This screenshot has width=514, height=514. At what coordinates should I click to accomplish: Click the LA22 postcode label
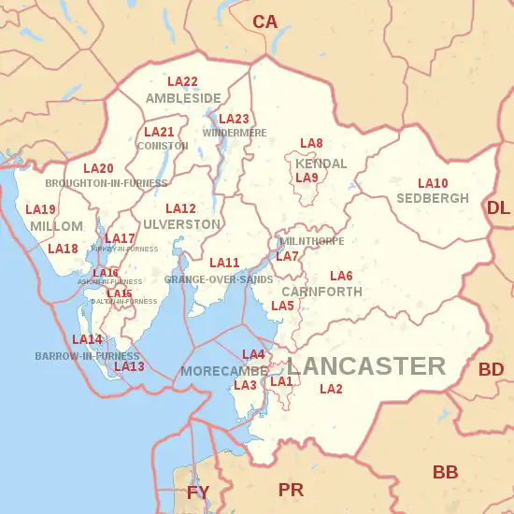(x=182, y=82)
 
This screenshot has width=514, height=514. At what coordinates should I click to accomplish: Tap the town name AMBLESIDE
(x=183, y=98)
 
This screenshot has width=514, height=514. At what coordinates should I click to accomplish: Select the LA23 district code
(x=234, y=119)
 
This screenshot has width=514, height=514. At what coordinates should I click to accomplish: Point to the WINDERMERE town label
(x=235, y=133)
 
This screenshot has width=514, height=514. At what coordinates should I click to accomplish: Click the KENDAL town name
(x=321, y=164)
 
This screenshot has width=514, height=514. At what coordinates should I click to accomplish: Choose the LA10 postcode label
(x=433, y=183)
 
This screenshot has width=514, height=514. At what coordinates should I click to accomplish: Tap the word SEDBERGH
(x=433, y=199)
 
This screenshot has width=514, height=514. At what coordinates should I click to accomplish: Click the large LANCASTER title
(x=365, y=365)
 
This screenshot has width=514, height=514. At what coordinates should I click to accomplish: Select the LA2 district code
(x=332, y=389)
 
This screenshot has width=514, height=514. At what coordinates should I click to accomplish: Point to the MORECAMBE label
(x=211, y=371)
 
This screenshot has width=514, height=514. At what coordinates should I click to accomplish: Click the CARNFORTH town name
(x=321, y=292)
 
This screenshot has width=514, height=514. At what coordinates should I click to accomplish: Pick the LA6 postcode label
(x=341, y=277)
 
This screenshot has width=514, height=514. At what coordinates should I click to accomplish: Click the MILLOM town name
(x=50, y=227)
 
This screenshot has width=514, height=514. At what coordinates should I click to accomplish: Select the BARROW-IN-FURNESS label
(x=87, y=356)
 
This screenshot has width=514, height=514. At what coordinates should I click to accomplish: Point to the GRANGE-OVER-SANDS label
(x=219, y=279)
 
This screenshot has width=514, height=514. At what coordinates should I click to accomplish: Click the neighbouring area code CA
(x=265, y=21)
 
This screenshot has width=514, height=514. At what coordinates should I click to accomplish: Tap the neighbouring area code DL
(x=498, y=207)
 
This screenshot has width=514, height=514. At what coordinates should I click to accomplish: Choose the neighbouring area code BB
(x=445, y=472)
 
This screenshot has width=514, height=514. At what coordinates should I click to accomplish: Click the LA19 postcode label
(x=40, y=210)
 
